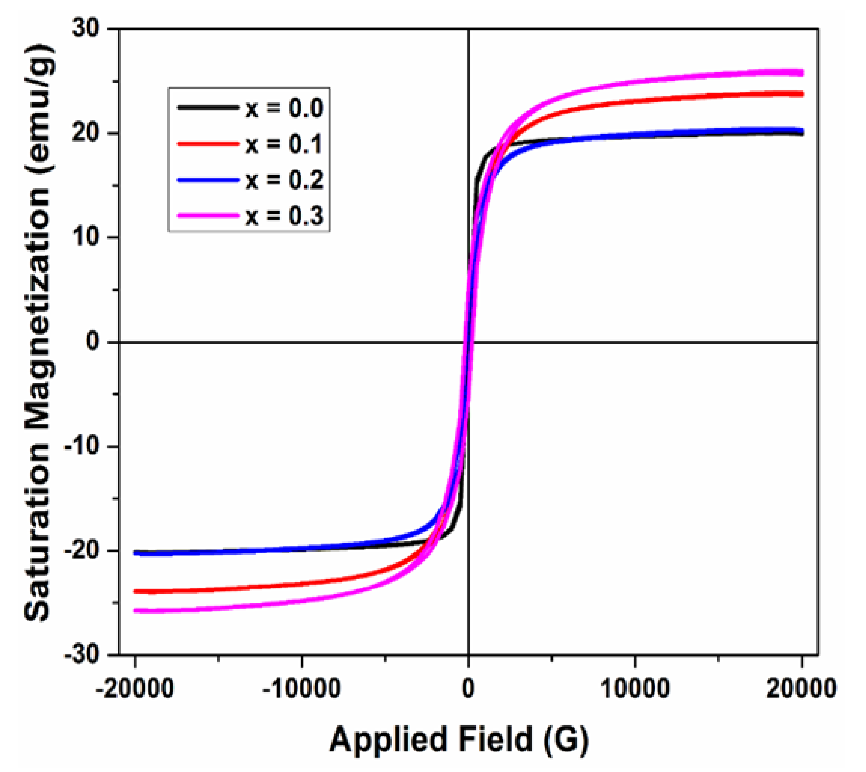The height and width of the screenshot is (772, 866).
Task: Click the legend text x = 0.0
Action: pos(284,108)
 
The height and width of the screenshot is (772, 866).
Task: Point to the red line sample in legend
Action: pos(208,144)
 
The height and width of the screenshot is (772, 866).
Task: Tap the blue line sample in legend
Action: pos(208,180)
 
